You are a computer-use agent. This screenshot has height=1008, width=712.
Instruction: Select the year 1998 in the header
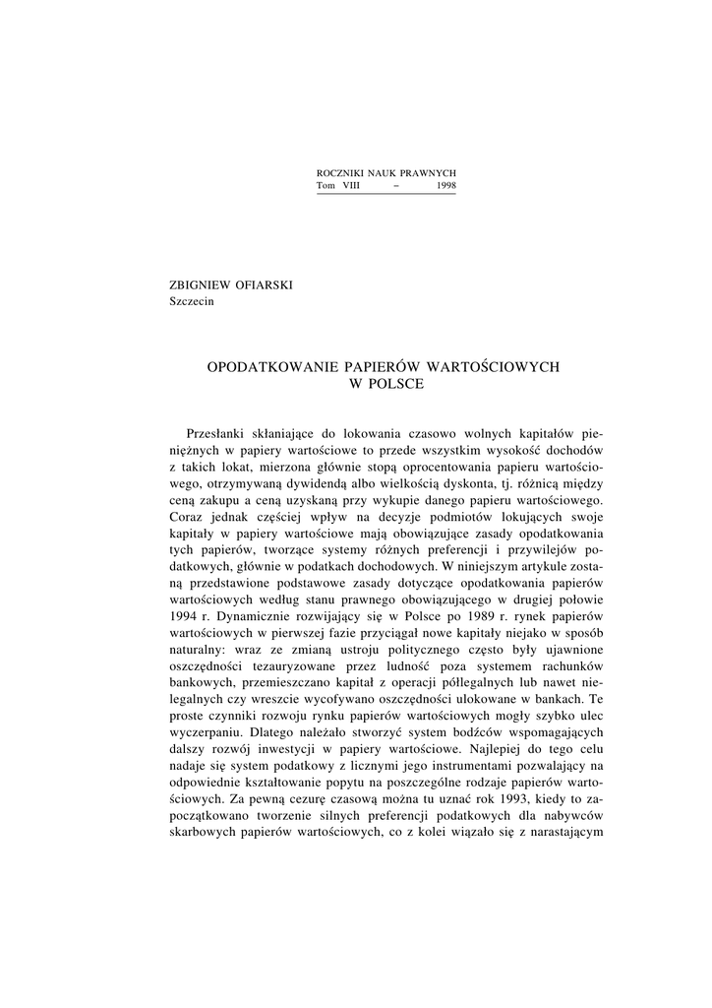pos(446,185)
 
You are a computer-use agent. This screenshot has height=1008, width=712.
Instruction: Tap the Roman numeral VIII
pos(351,185)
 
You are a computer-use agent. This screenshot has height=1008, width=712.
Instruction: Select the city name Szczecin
pos(192,301)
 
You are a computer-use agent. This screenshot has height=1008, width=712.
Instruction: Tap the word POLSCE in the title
pos(397,384)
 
